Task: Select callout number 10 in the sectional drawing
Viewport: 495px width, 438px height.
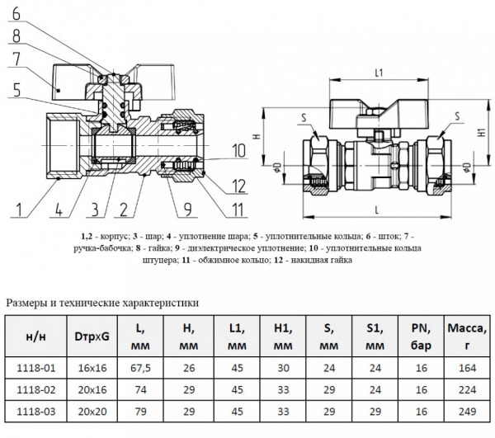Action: pos(238,151)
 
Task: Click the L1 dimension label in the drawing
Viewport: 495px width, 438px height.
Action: pos(379,73)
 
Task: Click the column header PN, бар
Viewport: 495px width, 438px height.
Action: pos(419,337)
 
